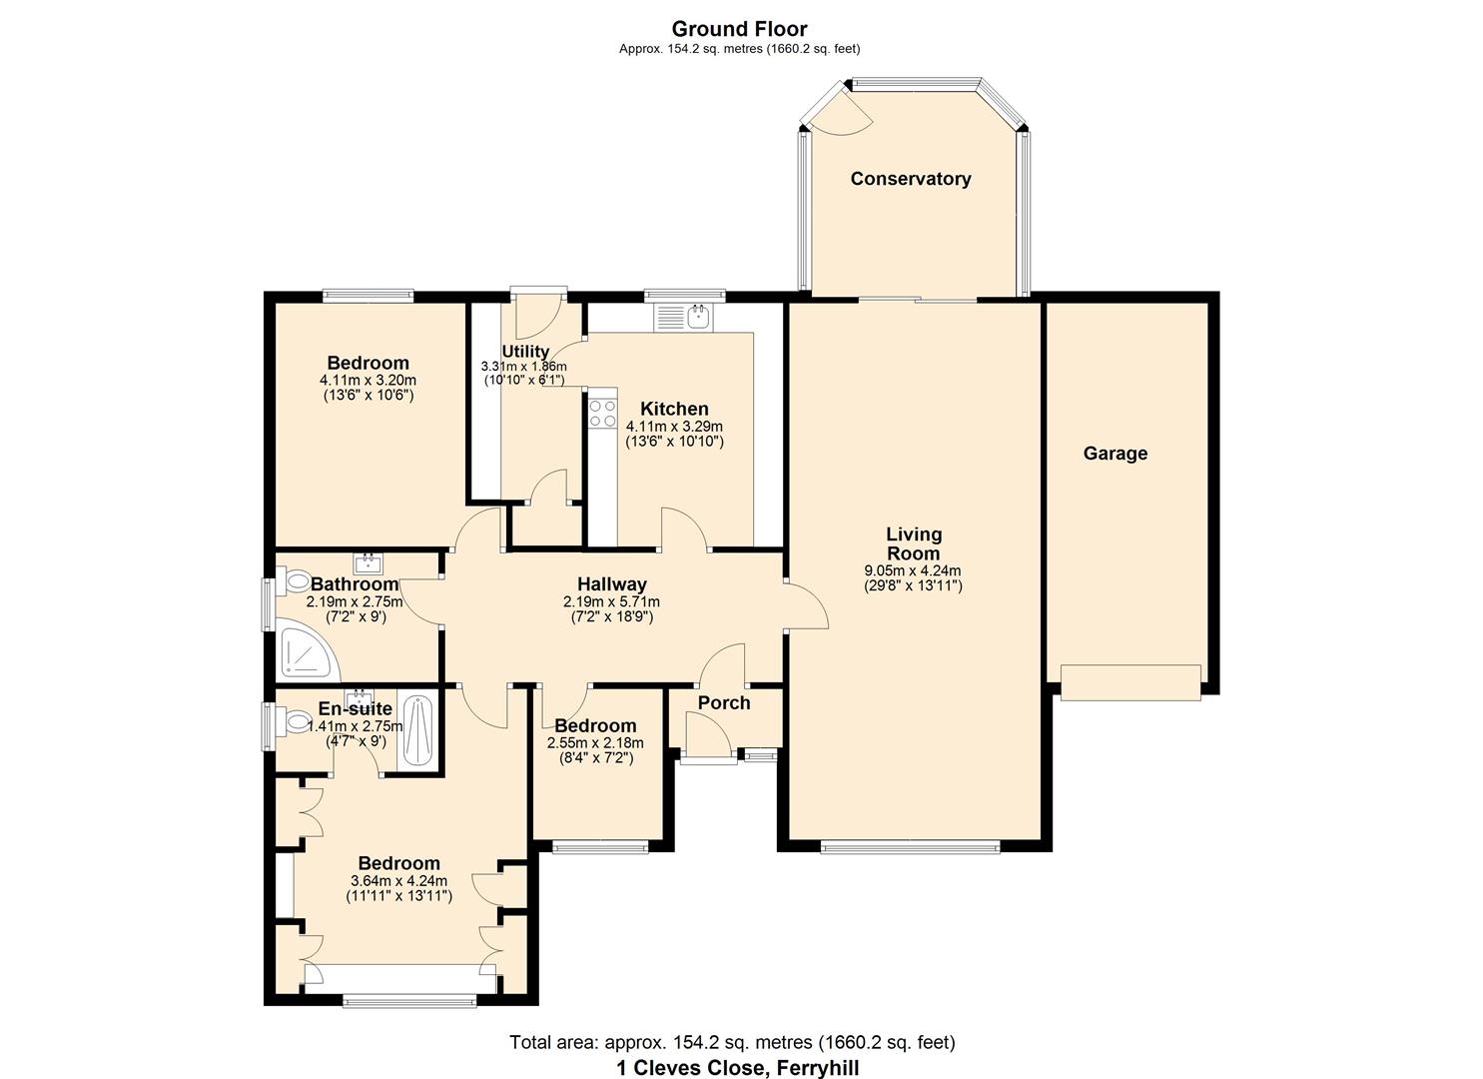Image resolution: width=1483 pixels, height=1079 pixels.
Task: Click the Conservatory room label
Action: (x=910, y=179)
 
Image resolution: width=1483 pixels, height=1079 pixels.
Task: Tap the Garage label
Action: (x=1114, y=454)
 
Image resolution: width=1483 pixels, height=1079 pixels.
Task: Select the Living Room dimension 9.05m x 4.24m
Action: (x=912, y=570)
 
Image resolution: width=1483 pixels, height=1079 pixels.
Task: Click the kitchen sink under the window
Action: (x=698, y=317)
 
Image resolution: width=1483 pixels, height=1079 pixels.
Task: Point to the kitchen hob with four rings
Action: (x=602, y=414)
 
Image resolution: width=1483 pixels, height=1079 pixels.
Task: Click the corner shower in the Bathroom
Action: (x=306, y=649)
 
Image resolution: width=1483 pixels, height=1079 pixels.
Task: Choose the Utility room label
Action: (x=525, y=352)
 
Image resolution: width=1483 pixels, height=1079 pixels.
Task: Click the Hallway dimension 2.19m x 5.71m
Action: (x=611, y=602)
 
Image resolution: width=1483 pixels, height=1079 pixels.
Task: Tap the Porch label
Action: (x=724, y=703)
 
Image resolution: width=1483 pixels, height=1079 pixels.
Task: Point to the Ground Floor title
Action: (x=739, y=29)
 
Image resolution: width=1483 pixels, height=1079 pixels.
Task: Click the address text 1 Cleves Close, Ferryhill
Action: (x=737, y=1067)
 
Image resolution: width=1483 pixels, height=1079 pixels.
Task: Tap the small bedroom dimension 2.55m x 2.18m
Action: (x=595, y=743)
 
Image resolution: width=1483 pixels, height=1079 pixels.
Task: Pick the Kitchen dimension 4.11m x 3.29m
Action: (x=674, y=427)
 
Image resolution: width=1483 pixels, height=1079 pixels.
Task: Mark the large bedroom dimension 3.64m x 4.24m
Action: (x=398, y=881)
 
